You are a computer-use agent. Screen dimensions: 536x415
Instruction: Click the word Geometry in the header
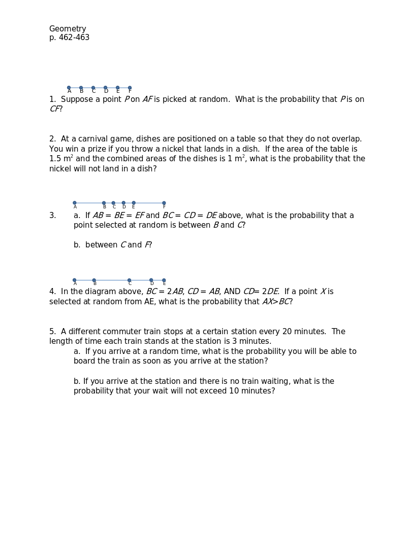pyautogui.click(x=68, y=29)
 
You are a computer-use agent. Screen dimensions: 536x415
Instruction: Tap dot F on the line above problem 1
pyautogui.click(x=130, y=88)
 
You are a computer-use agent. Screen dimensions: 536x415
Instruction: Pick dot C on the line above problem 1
pyautogui.click(x=93, y=88)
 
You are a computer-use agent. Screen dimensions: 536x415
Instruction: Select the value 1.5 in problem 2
pyautogui.click(x=55, y=159)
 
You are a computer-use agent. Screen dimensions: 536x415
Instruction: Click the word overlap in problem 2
pyautogui.click(x=345, y=139)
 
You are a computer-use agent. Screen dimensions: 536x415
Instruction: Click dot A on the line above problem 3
pyautogui.click(x=75, y=203)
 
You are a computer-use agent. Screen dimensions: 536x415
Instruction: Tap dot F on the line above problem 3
pyautogui.click(x=164, y=203)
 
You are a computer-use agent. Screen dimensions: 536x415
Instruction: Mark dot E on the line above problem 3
pyautogui.click(x=134, y=203)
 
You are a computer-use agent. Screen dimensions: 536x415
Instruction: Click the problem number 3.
pyautogui.click(x=52, y=216)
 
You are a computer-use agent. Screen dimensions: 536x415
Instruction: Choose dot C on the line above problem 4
pyautogui.click(x=129, y=280)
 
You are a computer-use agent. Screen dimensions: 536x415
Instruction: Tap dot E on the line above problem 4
pyautogui.click(x=164, y=280)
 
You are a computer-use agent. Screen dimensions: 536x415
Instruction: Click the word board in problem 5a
pyautogui.click(x=84, y=361)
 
